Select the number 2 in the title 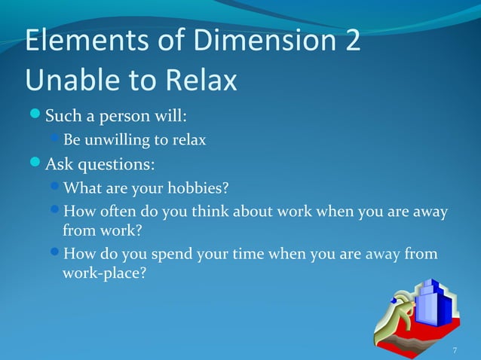[x=352, y=41]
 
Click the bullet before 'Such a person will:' [x=34, y=117]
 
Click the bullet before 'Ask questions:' [x=34, y=163]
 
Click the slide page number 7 [x=455, y=350]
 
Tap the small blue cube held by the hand [x=396, y=302]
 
